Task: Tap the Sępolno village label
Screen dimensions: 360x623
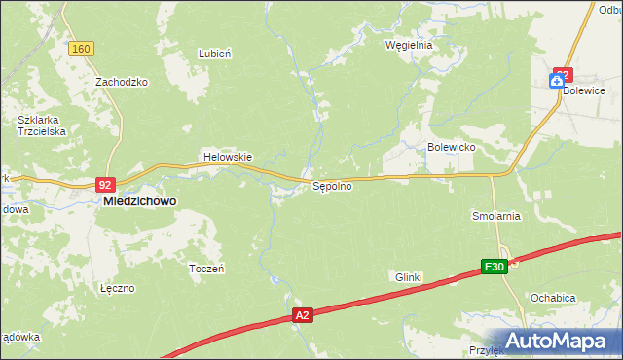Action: [x=331, y=187]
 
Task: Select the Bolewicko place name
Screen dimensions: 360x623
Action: [x=451, y=147]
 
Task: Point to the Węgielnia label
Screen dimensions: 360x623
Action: [x=408, y=45]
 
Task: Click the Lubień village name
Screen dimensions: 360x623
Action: [x=214, y=54]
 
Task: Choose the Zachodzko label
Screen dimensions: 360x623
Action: [x=121, y=83]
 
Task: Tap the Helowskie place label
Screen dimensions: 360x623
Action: [x=227, y=157]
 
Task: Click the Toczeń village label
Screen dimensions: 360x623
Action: [x=206, y=268]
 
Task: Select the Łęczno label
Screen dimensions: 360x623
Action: [x=117, y=289]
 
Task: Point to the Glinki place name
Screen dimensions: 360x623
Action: [x=408, y=277]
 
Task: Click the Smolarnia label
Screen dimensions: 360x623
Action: [x=495, y=216]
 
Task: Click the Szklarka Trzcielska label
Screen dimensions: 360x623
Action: [x=40, y=126]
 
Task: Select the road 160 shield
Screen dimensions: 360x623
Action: [x=81, y=49]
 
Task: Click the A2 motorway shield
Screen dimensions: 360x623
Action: [x=304, y=315]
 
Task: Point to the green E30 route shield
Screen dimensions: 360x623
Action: [x=495, y=267]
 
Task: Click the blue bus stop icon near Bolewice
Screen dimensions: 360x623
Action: [x=556, y=86]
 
